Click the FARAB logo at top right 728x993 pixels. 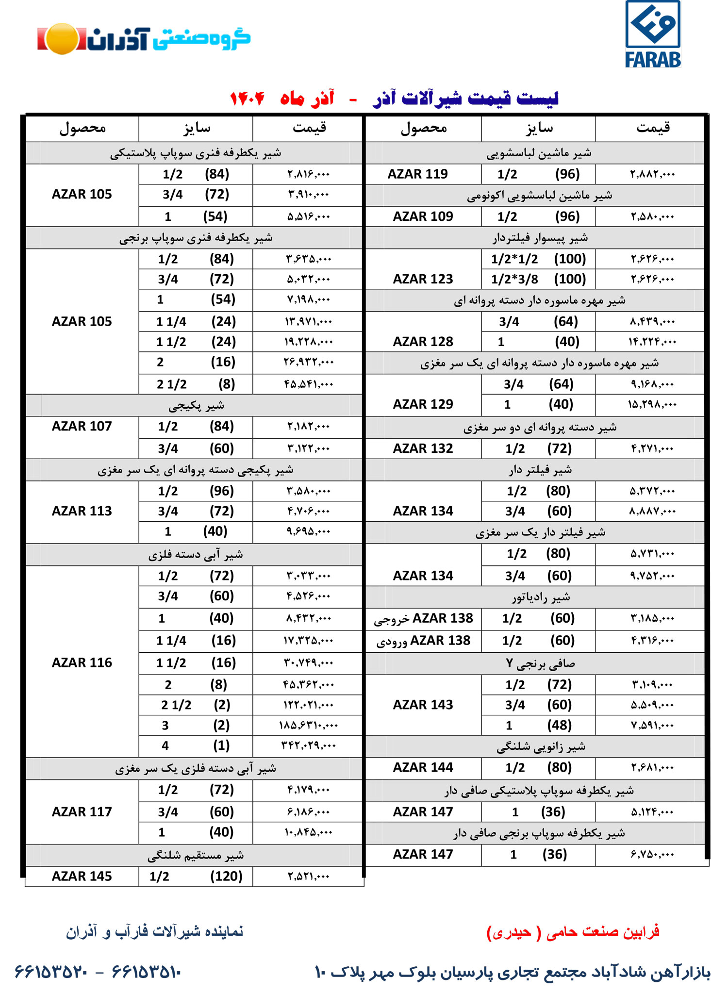coord(653,34)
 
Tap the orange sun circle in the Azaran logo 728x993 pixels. coord(62,39)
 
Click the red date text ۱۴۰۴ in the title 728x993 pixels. coord(247,99)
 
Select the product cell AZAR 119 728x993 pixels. coord(417,174)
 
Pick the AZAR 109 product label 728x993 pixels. coord(423,216)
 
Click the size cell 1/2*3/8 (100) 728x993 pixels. coord(538,279)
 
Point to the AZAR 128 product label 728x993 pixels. coord(423,342)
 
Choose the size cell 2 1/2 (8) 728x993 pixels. coord(196,384)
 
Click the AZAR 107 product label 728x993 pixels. coord(82,426)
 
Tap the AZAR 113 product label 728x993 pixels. coord(82,511)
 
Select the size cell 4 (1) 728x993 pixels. coord(196,745)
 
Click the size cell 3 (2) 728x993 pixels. coord(196,725)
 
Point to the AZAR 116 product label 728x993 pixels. coord(82,662)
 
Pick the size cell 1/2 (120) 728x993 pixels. coord(196,876)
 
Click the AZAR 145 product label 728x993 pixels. coord(82,876)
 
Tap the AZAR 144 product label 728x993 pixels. coord(423,767)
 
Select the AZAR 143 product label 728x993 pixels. coord(423,705)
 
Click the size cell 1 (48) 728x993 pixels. coord(538,725)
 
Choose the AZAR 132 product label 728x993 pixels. coord(423,448)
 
